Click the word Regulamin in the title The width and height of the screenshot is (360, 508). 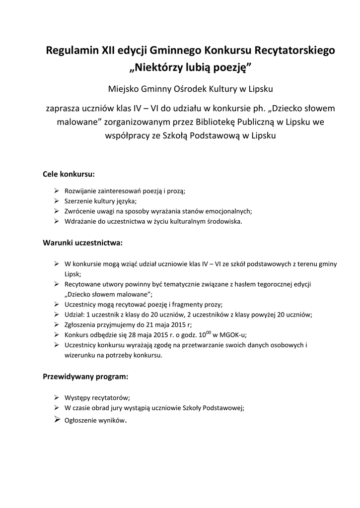point(72,50)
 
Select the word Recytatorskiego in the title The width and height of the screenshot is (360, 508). point(295,50)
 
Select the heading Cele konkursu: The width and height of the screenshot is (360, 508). point(69,175)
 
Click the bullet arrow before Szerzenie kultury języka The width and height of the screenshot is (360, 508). point(56,200)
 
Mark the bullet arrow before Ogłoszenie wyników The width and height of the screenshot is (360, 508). point(56,420)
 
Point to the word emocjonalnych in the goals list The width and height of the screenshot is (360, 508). point(228,211)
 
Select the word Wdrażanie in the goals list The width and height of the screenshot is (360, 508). point(80,221)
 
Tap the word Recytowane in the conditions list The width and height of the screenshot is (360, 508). point(83,284)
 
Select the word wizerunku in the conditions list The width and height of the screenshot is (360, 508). point(79,355)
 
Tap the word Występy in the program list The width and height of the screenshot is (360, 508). point(77,397)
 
